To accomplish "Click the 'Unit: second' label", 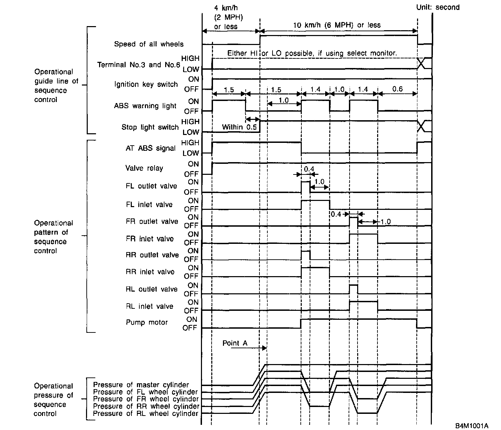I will click(x=438, y=7).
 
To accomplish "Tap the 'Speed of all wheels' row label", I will click(x=149, y=44).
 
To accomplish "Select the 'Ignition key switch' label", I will click(x=146, y=84).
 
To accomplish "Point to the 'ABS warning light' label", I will click(x=145, y=106).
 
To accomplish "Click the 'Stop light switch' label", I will click(x=150, y=127).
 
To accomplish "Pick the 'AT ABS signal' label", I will click(x=150, y=148).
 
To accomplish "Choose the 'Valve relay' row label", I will click(x=144, y=168).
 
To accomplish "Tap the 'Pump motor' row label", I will click(x=147, y=322).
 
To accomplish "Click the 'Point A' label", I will click(x=235, y=343).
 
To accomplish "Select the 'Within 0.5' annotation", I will click(x=239, y=127).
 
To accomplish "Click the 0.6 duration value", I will click(x=397, y=89).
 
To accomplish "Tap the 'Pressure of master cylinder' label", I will click(x=141, y=385).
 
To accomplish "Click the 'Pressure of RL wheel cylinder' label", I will click(x=146, y=413).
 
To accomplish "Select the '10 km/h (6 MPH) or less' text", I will click(x=337, y=25).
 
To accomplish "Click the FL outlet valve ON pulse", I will click(x=306, y=186).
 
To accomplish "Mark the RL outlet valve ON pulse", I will click(x=353, y=289).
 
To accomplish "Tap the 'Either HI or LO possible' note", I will click(x=312, y=53).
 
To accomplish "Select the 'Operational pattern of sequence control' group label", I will click(x=53, y=237).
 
